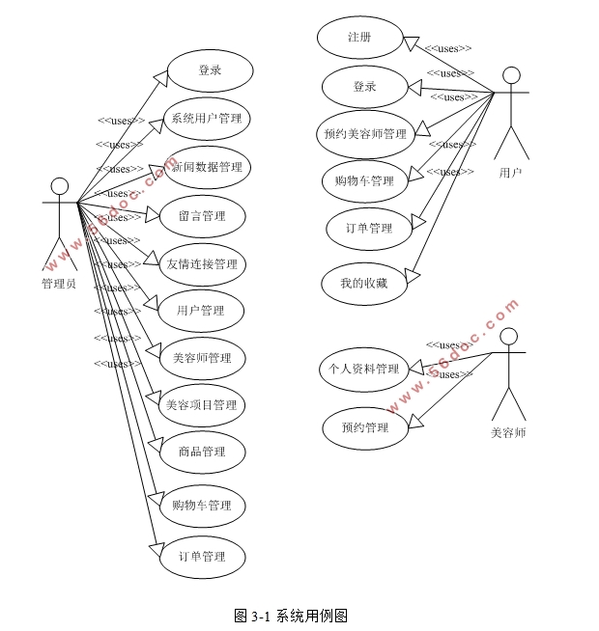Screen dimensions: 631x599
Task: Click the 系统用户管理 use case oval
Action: tap(206, 119)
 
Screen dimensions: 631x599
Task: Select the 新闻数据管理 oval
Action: tap(207, 167)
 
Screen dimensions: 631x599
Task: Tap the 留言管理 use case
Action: tap(202, 215)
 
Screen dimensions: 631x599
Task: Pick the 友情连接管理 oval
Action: tap(202, 263)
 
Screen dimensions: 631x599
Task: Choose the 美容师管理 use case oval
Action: tap(202, 358)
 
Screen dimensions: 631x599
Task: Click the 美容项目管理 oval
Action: tap(202, 405)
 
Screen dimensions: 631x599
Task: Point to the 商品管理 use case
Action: tap(202, 452)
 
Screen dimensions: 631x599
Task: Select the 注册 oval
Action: tap(359, 37)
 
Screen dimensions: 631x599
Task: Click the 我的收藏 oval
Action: tap(363, 284)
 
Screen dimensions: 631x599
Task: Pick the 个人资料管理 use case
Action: tap(364, 369)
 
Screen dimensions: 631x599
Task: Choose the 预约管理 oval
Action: tap(364, 427)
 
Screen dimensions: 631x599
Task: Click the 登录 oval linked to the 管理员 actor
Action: tap(210, 70)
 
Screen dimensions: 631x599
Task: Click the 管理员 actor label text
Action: tap(59, 283)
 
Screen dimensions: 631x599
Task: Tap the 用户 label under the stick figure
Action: tap(510, 173)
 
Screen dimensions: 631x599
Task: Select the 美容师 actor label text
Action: tap(508, 433)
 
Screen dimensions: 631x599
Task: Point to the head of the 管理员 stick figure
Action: tap(60, 185)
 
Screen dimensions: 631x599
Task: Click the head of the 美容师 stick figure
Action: tap(508, 336)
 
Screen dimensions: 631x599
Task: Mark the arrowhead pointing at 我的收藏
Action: tap(412, 279)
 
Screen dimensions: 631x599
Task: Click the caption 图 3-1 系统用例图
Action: tap(291, 616)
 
